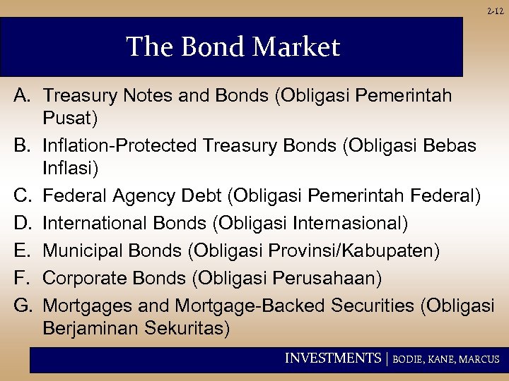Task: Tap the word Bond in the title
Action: click(x=208, y=47)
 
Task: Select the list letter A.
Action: click(x=21, y=95)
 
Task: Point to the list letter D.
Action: click(x=21, y=224)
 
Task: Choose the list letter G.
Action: click(x=21, y=306)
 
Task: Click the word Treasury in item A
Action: click(x=81, y=95)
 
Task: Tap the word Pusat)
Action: click(x=71, y=116)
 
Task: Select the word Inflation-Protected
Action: click(x=120, y=145)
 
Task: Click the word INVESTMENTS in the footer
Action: click(x=332, y=358)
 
